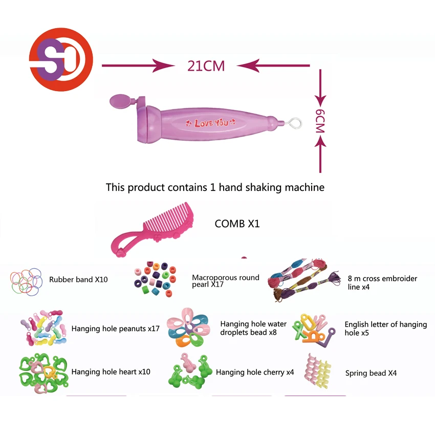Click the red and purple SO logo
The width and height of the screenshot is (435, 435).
60,60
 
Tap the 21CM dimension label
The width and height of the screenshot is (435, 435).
206,66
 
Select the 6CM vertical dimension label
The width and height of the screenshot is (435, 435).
320,122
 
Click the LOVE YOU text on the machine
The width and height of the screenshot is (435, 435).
211,122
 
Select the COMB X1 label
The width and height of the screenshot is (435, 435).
237,224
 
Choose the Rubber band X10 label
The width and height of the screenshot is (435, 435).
78,280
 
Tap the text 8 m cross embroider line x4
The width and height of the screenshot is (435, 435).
382,283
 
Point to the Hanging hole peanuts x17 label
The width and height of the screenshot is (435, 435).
115,329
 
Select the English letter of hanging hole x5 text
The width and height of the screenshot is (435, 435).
385,329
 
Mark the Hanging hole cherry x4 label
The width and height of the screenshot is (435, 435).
255,373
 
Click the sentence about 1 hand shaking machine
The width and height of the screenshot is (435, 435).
215,187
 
